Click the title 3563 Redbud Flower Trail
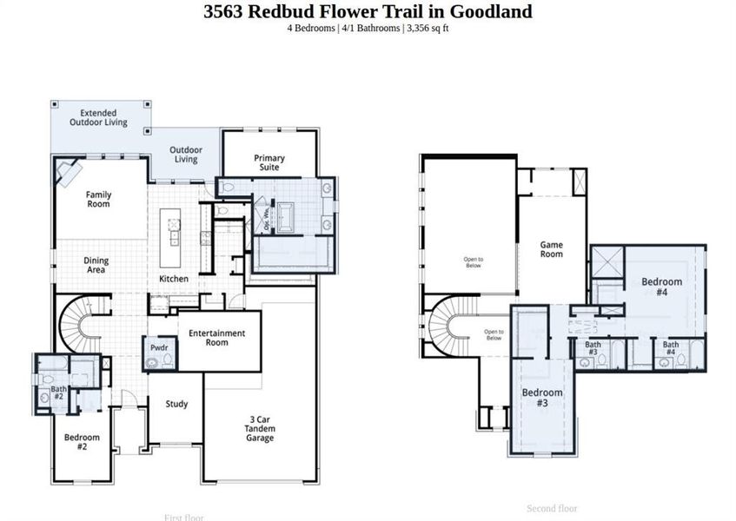368,11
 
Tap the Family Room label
98,200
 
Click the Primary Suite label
269,162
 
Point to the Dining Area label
96,265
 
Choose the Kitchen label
174,279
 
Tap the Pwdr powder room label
159,347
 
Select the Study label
176,404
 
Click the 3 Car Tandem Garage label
260,429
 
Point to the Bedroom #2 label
82,442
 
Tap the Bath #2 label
58,392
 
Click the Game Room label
551,250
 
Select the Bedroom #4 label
661,287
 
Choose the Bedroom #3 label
541,398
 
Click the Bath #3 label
592,349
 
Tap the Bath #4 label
671,349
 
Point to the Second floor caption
552,509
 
